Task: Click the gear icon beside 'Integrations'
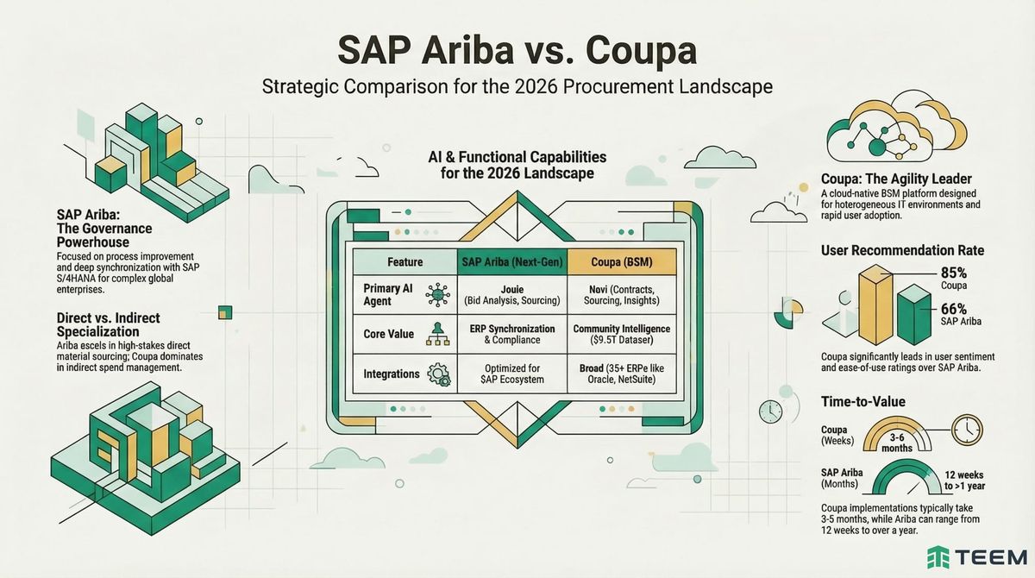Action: coord(437,375)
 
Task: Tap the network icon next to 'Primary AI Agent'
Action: coord(437,294)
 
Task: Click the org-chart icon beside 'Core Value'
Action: coord(437,335)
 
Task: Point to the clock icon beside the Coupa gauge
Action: coord(969,429)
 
